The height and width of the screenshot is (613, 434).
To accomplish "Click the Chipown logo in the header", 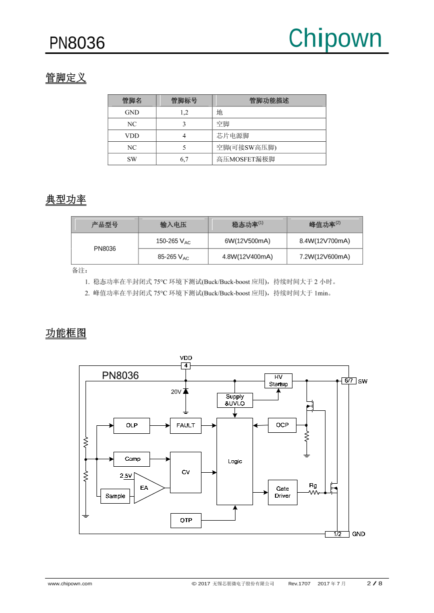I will (x=334, y=38).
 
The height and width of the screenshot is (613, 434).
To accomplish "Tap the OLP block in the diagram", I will (x=131, y=426).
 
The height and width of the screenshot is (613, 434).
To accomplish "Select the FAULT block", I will (x=185, y=426).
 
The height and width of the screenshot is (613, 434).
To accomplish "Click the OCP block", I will (x=282, y=425).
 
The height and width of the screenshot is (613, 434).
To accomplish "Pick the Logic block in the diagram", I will (x=234, y=461).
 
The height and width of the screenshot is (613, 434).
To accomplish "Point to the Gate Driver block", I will (x=282, y=492).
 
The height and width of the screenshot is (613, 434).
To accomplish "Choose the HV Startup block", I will (x=278, y=381).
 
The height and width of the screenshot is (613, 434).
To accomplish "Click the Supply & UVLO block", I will (x=234, y=400).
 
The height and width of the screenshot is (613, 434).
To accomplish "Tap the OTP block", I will (x=185, y=520).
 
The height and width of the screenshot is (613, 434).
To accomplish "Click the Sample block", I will (x=115, y=496).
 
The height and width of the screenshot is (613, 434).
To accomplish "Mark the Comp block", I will (x=132, y=459).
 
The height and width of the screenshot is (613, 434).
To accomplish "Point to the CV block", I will (x=185, y=472).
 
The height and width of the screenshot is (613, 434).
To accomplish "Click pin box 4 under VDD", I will (x=185, y=366).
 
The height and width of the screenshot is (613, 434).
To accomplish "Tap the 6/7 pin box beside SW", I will (x=348, y=381).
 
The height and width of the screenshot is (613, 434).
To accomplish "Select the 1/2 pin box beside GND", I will (x=336, y=534).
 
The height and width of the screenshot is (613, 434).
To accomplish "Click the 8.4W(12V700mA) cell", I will (x=324, y=241).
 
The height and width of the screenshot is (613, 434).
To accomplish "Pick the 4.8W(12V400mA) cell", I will (x=247, y=257).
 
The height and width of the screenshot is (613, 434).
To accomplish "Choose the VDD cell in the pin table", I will (x=132, y=136).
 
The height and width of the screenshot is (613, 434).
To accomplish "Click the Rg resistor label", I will (x=312, y=485).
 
